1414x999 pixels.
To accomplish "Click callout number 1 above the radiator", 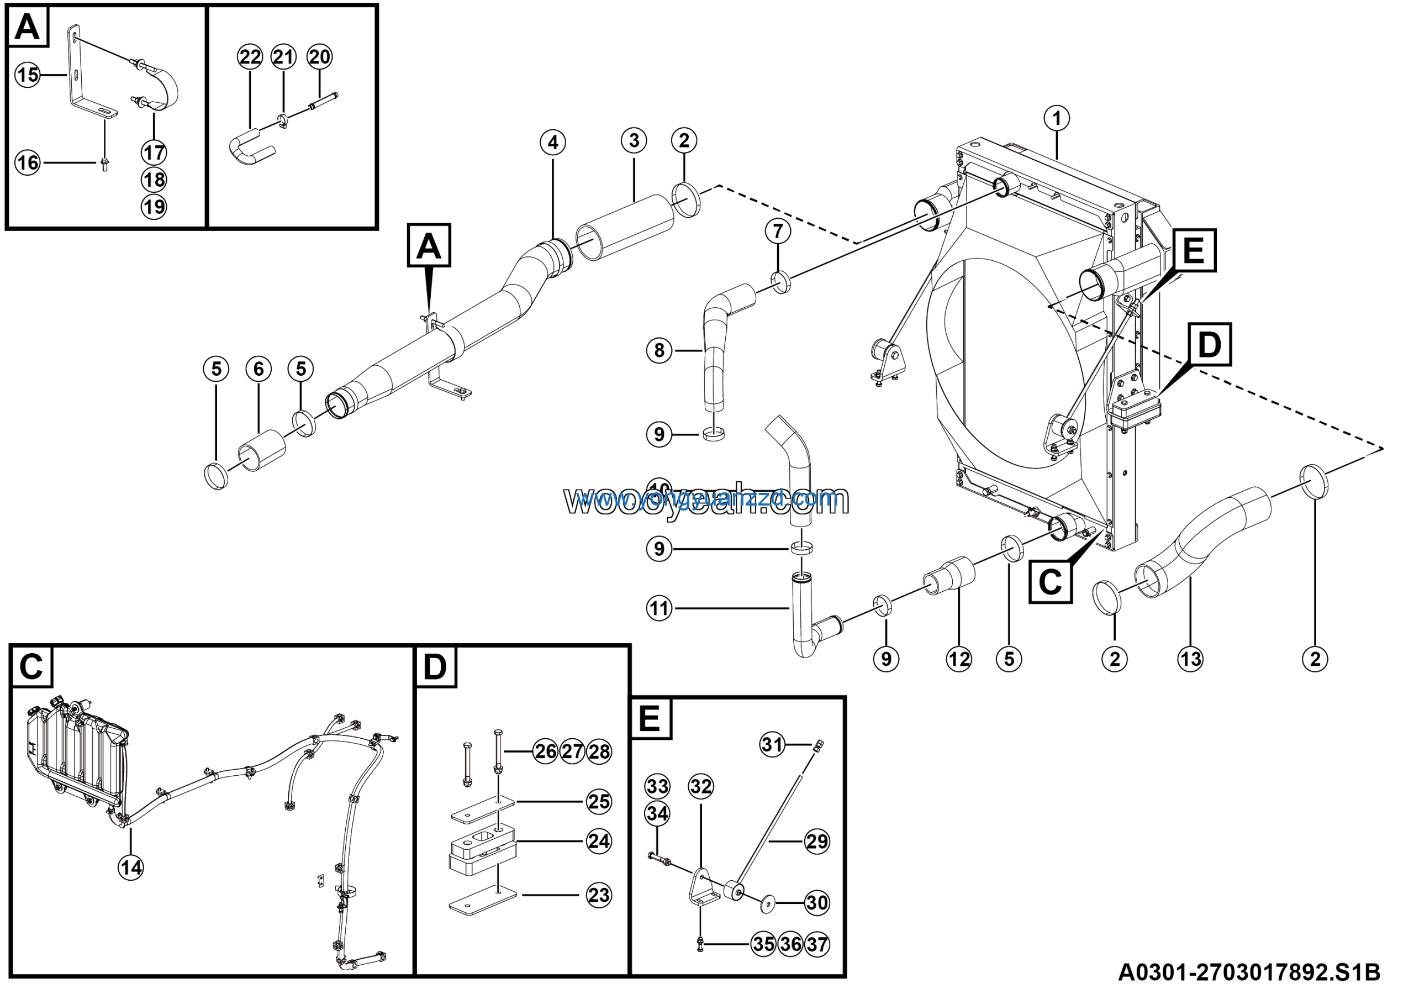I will coord(1057,118).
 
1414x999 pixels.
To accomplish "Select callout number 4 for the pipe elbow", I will coord(552,143).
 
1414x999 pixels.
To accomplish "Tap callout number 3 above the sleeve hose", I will coord(634,140).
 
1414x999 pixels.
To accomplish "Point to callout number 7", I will coord(778,231).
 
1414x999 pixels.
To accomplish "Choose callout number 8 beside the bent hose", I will coord(659,350).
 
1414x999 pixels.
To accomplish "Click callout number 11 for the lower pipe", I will coord(659,608).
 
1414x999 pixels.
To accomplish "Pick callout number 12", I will coord(959,659).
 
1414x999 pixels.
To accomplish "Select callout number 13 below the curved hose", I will coord(1190,659).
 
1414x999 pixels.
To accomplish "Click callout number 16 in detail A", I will coord(28,162).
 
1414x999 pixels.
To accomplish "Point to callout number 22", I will coord(250,57).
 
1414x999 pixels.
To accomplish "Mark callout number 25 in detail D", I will coord(599,801).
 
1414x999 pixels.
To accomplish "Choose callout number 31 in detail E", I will coord(772,744).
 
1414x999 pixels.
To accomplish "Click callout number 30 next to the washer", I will coord(816,903).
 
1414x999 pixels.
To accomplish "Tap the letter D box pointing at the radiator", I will coord(1210,344).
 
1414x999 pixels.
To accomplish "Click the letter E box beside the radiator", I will coord(1194,250).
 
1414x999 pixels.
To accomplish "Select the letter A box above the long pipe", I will coord(429,245).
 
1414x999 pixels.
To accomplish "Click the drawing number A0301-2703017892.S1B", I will coord(1249,973).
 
